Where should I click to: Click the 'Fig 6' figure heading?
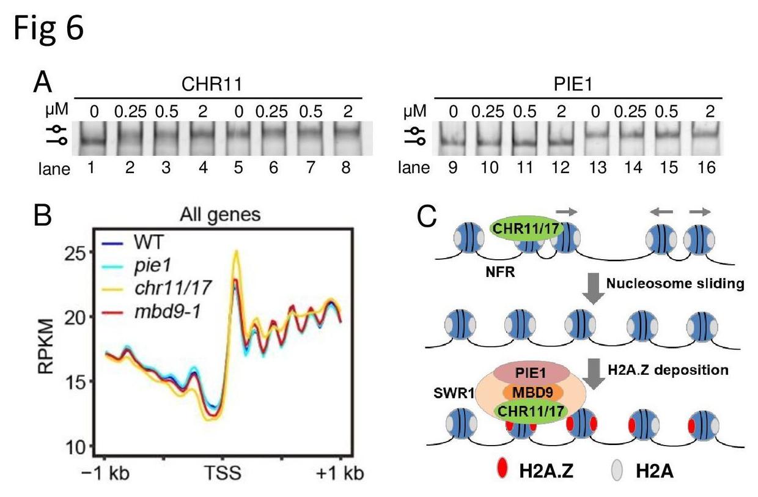pos(48,29)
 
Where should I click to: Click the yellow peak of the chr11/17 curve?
pos(235,252)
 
